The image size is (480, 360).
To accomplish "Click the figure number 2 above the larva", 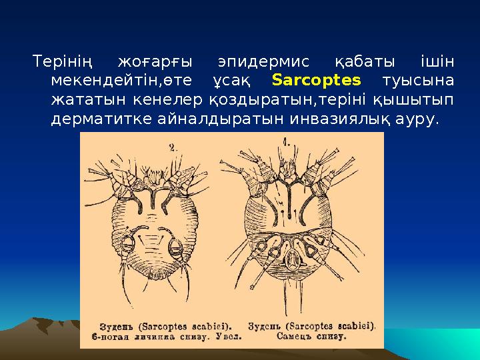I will click(x=173, y=149).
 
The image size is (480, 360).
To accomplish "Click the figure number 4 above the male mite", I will click(x=289, y=142).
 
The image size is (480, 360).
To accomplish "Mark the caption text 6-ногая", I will click(x=106, y=339).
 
